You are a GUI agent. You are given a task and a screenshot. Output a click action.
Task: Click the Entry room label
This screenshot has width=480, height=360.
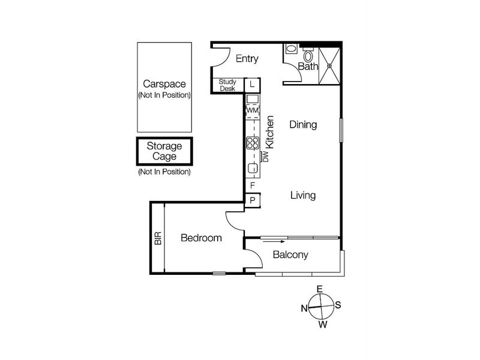click(x=247, y=58)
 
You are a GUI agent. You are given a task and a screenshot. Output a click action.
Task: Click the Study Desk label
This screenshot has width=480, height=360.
click(x=227, y=85)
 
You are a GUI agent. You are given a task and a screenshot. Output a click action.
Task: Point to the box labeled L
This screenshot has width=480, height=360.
click(x=253, y=85)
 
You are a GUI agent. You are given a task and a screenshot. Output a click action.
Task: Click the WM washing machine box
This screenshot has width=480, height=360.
click(x=252, y=110)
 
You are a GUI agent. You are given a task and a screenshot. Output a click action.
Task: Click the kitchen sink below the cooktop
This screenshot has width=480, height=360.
click(x=253, y=169)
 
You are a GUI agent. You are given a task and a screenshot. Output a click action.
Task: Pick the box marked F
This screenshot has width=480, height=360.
click(x=253, y=186)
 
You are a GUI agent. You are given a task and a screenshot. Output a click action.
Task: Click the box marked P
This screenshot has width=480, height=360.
click(x=253, y=200)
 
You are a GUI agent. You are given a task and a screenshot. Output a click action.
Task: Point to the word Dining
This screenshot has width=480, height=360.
click(x=303, y=125)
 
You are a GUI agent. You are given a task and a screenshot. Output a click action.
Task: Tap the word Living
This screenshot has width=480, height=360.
click(x=303, y=196)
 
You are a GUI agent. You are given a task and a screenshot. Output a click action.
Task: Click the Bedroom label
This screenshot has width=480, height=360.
click(x=201, y=238)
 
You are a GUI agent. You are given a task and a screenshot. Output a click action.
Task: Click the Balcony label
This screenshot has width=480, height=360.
click(x=290, y=254)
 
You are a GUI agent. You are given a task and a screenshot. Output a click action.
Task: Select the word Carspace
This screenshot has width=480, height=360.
click(x=164, y=84)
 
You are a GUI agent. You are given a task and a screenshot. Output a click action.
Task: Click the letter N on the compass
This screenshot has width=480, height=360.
click(x=304, y=308)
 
